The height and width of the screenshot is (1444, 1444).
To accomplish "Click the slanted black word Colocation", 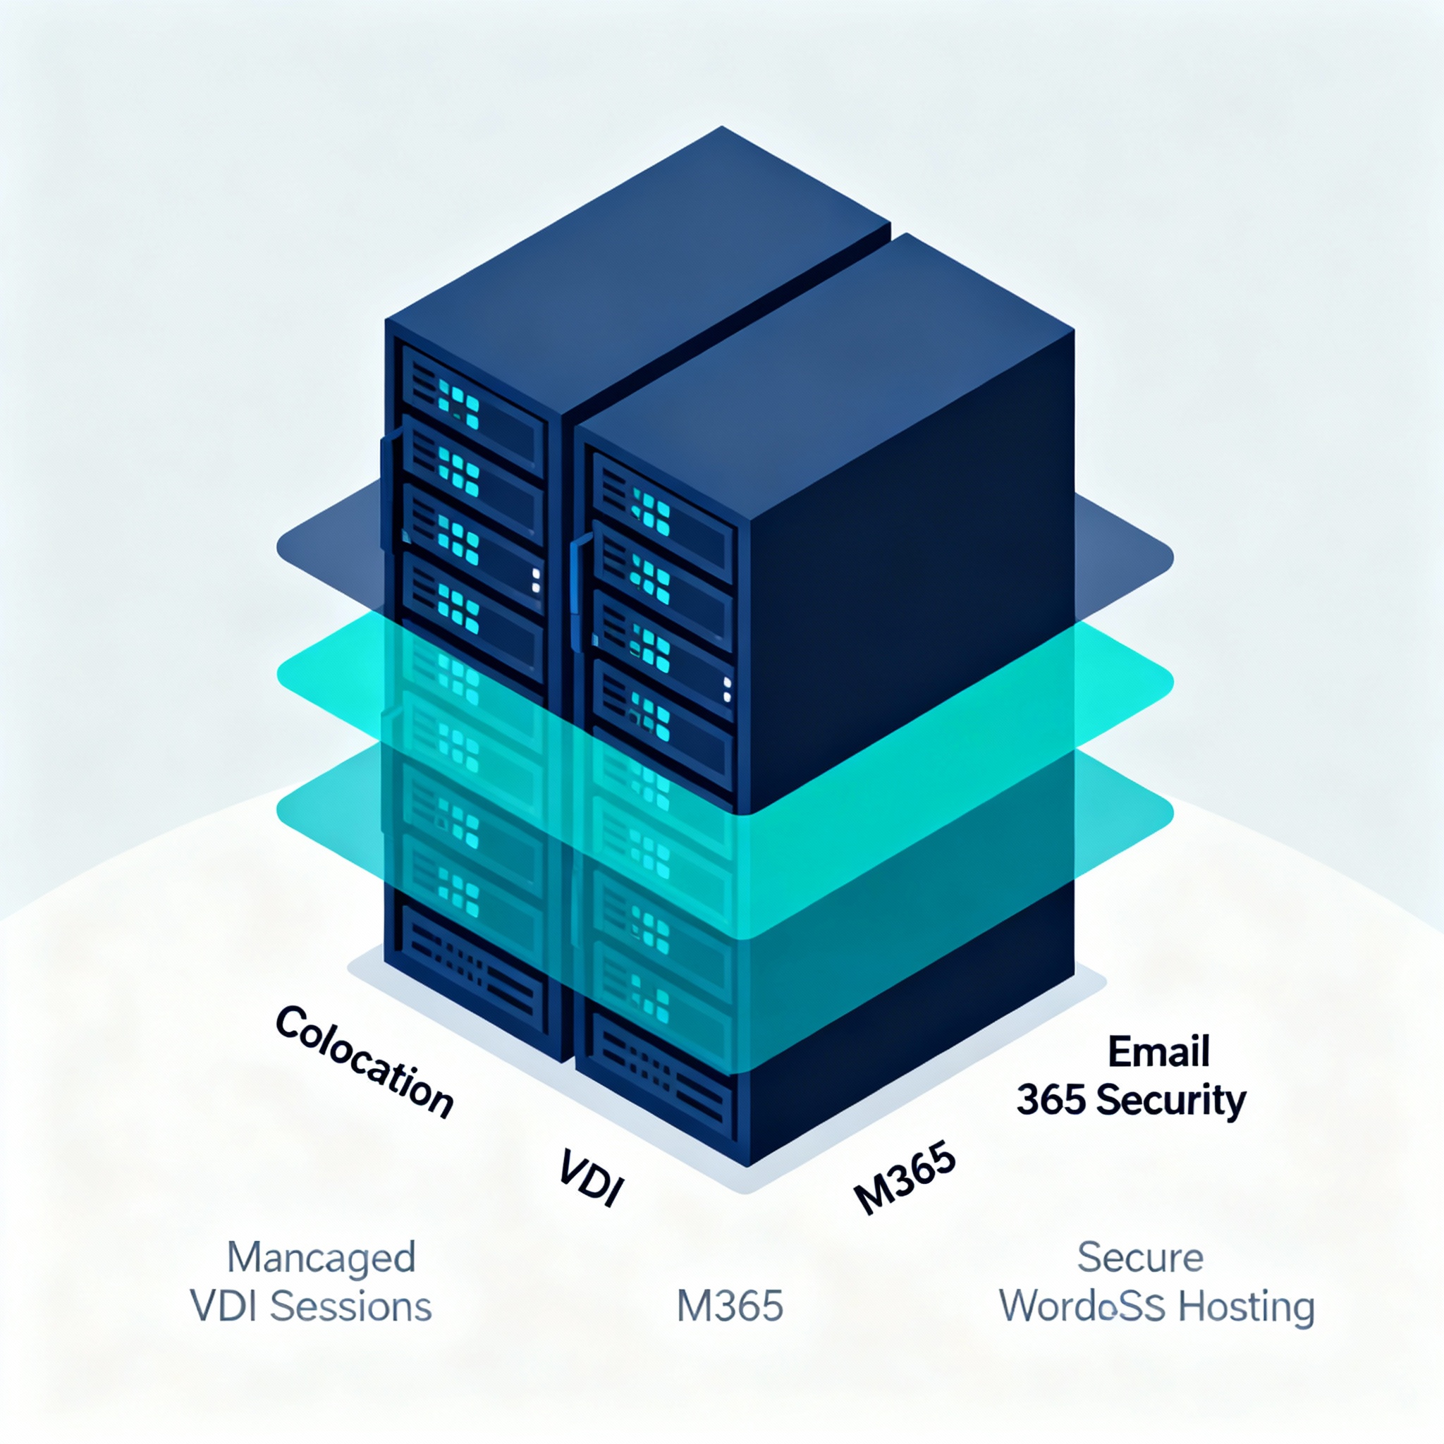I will [x=364, y=1061].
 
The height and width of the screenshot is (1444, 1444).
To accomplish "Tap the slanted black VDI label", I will [x=590, y=1179].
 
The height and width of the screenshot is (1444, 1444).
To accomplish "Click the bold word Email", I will [x=1158, y=1051].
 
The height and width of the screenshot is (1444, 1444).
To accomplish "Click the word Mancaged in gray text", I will [x=321, y=1259].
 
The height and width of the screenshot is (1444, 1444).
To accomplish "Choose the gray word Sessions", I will [x=350, y=1307].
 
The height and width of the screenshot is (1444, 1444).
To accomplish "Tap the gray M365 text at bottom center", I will [x=730, y=1307].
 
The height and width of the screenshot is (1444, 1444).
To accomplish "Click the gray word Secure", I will [x=1140, y=1257].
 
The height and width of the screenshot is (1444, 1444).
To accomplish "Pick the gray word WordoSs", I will [x=1082, y=1307].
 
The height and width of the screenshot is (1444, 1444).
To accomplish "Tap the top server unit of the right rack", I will [x=662, y=508].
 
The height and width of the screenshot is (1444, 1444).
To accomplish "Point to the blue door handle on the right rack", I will [x=577, y=590].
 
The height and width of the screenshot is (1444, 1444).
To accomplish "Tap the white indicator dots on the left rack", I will [x=536, y=580].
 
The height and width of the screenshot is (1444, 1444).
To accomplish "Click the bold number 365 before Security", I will [x=1050, y=1101].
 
